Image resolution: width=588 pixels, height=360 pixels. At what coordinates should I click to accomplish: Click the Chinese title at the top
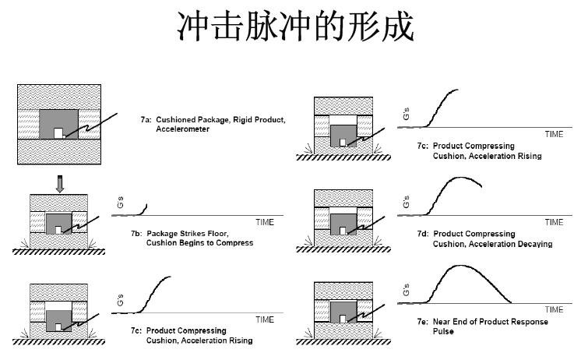coord(295,26)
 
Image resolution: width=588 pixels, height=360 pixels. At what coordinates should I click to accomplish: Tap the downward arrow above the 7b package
coord(60,184)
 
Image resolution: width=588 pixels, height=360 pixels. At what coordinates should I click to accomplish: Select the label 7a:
coord(146,120)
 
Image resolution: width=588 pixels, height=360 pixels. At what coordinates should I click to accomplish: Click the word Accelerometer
coord(182,129)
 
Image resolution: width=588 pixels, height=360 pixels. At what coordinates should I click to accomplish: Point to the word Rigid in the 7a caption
coord(242,120)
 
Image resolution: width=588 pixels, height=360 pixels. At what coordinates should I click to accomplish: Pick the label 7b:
coord(136,234)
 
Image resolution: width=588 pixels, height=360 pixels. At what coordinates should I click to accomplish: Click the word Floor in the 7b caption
coord(217,234)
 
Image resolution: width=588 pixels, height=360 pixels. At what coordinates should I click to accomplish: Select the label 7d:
coord(423,234)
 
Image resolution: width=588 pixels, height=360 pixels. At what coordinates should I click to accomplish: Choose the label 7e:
coord(423,322)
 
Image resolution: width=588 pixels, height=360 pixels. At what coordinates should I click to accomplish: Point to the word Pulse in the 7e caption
coord(443,331)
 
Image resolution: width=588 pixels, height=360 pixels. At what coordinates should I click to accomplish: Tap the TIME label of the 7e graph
coord(555,309)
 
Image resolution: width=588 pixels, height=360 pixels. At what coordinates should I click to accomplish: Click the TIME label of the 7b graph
coord(265,222)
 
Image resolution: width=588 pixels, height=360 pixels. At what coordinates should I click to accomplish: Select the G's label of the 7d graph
coord(406,202)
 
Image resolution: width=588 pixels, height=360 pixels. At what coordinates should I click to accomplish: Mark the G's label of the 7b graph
coord(120,203)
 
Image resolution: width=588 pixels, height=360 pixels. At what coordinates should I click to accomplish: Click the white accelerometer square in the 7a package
coord(58,133)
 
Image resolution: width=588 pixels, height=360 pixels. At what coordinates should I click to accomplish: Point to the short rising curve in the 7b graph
coord(143,210)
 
